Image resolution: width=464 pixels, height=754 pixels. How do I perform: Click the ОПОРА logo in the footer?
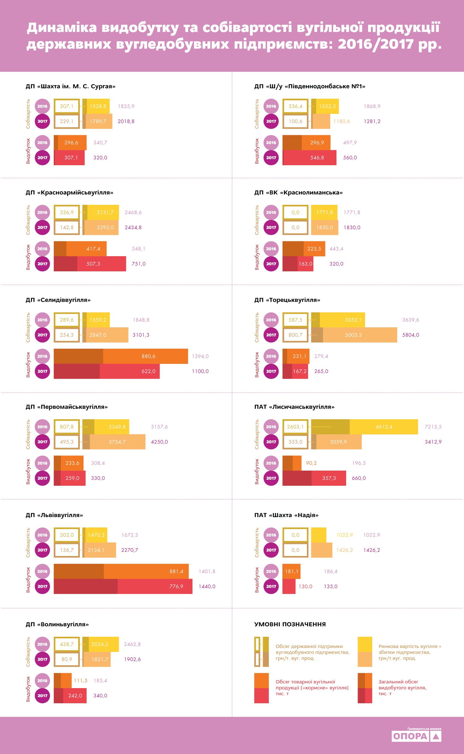(x=416, y=736)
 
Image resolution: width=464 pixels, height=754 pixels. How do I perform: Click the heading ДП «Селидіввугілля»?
(x=58, y=300)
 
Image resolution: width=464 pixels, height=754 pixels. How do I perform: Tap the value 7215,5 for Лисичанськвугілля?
(x=433, y=427)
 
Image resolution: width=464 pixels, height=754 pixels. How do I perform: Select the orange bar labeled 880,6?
(x=145, y=356)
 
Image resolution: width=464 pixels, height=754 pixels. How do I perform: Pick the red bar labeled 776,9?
(x=155, y=586)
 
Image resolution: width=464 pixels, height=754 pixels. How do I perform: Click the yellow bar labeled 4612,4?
(x=384, y=427)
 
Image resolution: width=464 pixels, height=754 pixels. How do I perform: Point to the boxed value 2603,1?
(x=295, y=427)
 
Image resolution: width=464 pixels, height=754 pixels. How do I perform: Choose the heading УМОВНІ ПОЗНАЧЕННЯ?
(x=290, y=624)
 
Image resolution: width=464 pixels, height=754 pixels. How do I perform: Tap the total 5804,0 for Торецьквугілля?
(x=410, y=335)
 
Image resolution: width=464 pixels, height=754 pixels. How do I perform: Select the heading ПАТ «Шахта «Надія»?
(x=286, y=515)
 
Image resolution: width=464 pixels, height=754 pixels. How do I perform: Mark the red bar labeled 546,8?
(x=310, y=157)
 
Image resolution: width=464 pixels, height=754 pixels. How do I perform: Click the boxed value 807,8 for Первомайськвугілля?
(x=67, y=427)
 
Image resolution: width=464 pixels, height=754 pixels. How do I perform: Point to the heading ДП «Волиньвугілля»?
(x=57, y=624)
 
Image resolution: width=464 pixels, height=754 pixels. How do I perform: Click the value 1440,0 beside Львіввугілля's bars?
(x=207, y=586)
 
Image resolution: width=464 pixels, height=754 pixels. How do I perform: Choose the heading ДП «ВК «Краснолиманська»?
(x=299, y=192)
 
